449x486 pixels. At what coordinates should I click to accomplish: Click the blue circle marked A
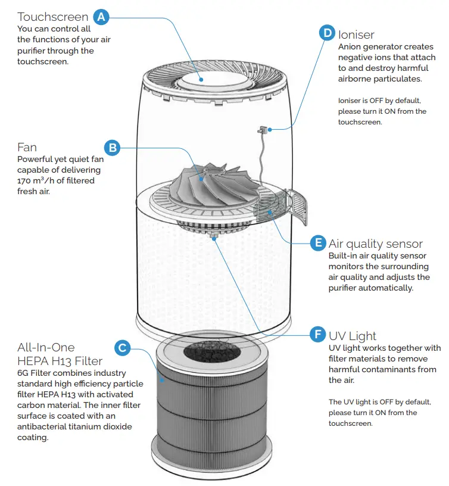[101, 17]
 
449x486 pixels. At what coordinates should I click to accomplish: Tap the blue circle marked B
[113, 147]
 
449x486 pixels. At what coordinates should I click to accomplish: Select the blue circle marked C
[122, 348]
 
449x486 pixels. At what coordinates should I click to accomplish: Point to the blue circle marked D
[328, 33]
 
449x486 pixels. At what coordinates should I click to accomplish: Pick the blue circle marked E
[318, 242]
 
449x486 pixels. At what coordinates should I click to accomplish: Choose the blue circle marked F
[318, 335]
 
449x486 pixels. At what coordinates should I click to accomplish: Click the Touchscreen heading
[53, 17]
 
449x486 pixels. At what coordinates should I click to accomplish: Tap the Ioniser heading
[356, 34]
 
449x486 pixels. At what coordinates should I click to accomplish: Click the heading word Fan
[27, 147]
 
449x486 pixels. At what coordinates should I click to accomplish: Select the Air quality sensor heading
[376, 244]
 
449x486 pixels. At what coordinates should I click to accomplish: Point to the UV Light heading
[353, 336]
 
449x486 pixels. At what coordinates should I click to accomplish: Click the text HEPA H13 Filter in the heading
[60, 361]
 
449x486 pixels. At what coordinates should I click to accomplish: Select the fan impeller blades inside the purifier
[202, 182]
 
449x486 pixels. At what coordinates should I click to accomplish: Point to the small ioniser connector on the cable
[262, 129]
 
